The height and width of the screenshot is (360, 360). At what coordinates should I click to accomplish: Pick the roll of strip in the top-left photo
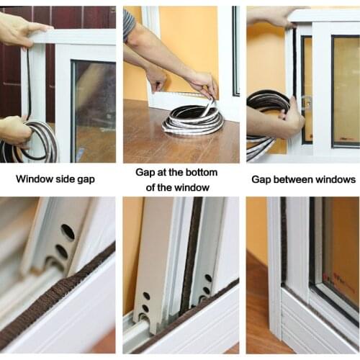(x=36, y=144)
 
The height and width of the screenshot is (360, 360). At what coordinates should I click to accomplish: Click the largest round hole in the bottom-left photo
(x=67, y=232)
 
